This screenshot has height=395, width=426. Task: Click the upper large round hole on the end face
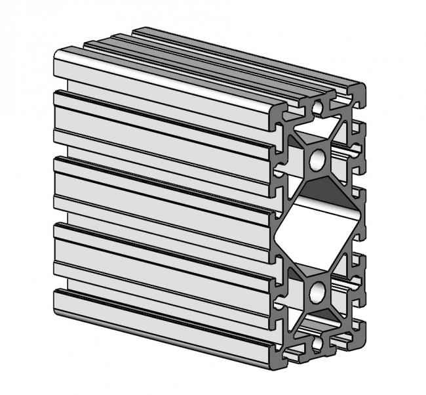[318, 158]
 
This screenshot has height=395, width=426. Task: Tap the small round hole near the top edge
[318, 105]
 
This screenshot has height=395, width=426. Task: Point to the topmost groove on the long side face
[164, 98]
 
